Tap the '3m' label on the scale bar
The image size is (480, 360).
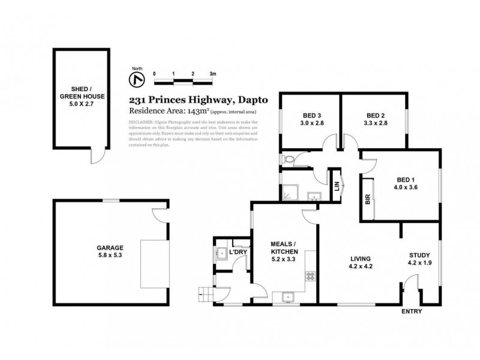[x=212, y=73]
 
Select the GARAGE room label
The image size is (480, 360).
[x=110, y=247]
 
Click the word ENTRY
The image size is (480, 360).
[x=412, y=311]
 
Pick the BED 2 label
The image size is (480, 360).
[x=375, y=116]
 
